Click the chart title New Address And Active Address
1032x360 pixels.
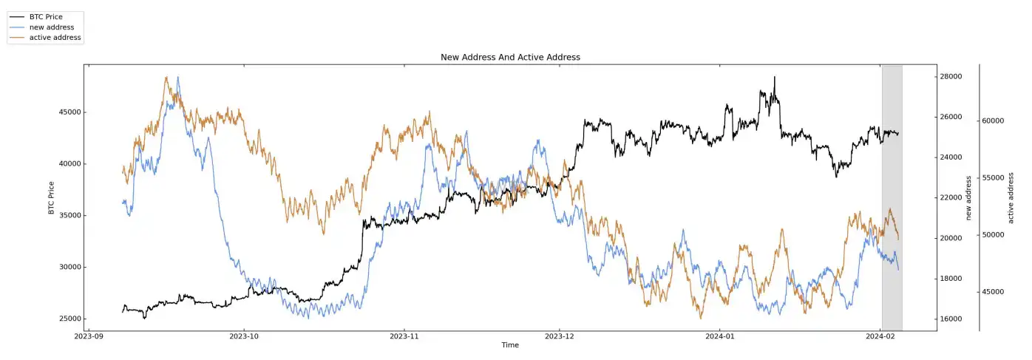pyautogui.click(x=510, y=57)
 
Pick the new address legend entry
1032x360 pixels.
pyautogui.click(x=51, y=27)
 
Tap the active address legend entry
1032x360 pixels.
pyautogui.click(x=55, y=37)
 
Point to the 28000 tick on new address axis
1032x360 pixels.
pyautogui.click(x=950, y=77)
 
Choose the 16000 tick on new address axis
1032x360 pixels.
pyautogui.click(x=950, y=319)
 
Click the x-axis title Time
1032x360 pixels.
pyautogui.click(x=510, y=345)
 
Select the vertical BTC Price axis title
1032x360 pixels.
pyautogui.click(x=52, y=197)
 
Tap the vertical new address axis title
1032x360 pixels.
pyautogui.click(x=968, y=197)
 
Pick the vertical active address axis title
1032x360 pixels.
pyautogui.click(x=1011, y=197)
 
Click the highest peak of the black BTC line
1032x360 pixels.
pyautogui.click(x=774, y=77)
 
